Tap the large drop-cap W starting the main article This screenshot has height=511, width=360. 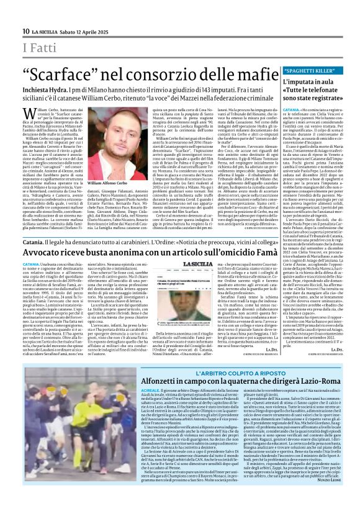point(27,113)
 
